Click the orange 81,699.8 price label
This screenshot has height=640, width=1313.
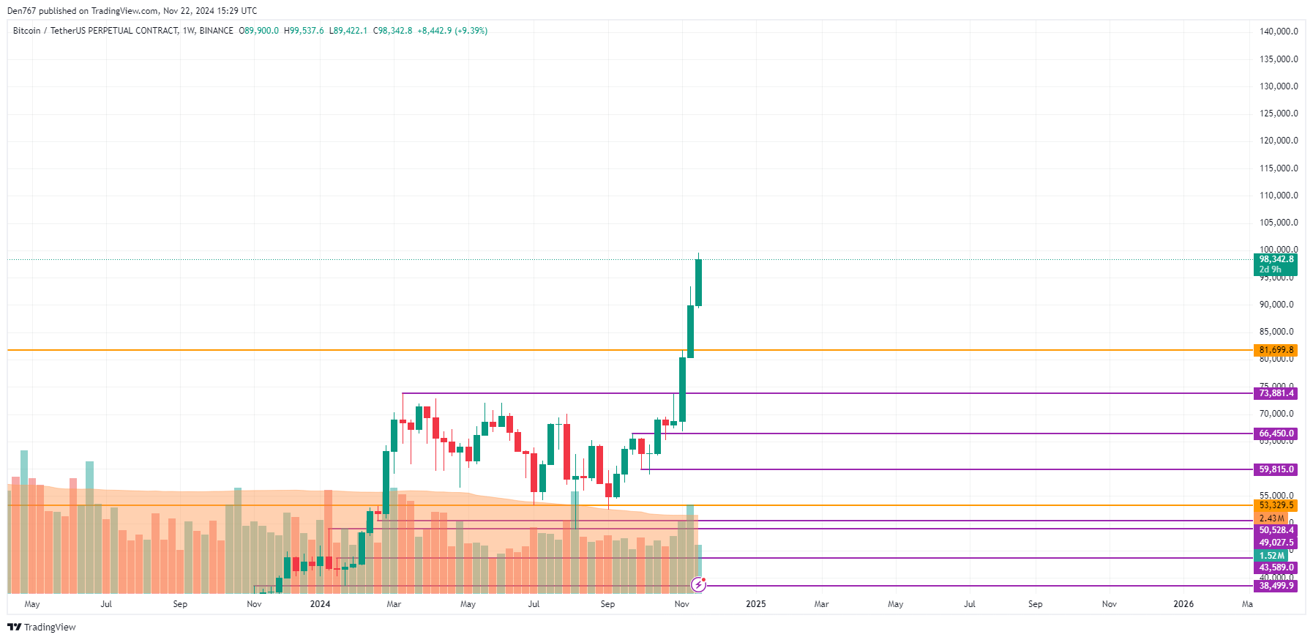(x=1276, y=350)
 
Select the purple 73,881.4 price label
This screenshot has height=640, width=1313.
(x=1276, y=393)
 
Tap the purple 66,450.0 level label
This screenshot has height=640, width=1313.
(x=1276, y=434)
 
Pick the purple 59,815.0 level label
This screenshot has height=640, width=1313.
(x=1276, y=469)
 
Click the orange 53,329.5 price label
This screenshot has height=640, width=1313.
(x=1276, y=505)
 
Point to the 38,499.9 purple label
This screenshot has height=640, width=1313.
(x=1276, y=586)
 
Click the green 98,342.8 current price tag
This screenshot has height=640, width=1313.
(x=1276, y=259)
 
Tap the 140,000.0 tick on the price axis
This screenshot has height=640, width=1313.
(x=1278, y=31)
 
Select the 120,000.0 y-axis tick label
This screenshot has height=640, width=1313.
(x=1278, y=141)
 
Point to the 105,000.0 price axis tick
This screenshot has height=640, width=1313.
(x=1278, y=223)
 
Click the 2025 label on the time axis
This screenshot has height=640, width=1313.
(x=755, y=604)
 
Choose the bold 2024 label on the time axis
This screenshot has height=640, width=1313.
(x=320, y=604)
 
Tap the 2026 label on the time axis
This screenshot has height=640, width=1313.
(x=1183, y=604)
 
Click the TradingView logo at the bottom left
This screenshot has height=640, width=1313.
(x=42, y=627)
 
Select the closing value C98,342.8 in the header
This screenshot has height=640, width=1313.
(x=392, y=31)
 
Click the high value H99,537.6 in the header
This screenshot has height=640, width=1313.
(x=304, y=31)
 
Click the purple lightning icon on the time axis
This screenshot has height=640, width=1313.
(x=698, y=584)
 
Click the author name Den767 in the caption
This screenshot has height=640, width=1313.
(x=21, y=11)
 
